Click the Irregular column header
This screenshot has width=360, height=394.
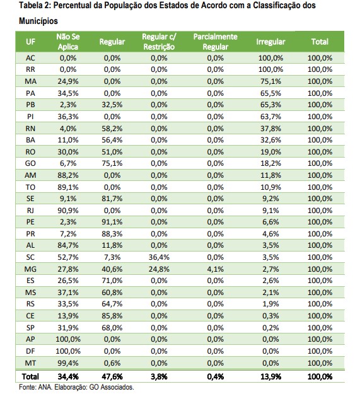coord(270,42)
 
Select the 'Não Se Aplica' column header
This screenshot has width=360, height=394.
coord(68,42)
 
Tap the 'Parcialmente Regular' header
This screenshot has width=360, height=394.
coord(215,42)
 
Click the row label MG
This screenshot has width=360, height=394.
coord(30,269)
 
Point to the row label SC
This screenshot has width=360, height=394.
coord(30,257)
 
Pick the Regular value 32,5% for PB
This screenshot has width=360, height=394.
coord(112,105)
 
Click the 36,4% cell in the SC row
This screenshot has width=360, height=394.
coord(159,257)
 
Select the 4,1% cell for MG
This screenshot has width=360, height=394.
coord(215,269)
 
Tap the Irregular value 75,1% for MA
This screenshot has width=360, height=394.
coord(270,81)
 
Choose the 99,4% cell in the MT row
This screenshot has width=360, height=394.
coord(68,363)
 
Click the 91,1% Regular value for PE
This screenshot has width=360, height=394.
coord(112,222)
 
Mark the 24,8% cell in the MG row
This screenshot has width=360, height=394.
coord(159,269)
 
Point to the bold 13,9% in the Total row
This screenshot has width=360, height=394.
coord(270,376)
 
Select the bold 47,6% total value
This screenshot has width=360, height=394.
coord(112,376)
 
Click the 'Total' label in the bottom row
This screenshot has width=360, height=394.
coord(30,376)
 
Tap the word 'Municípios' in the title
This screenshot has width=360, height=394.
coord(38,21)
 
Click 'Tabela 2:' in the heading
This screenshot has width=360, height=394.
coord(35,5)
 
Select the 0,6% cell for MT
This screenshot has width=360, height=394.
coord(112,363)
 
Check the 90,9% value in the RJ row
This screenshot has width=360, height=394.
coord(68,211)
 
